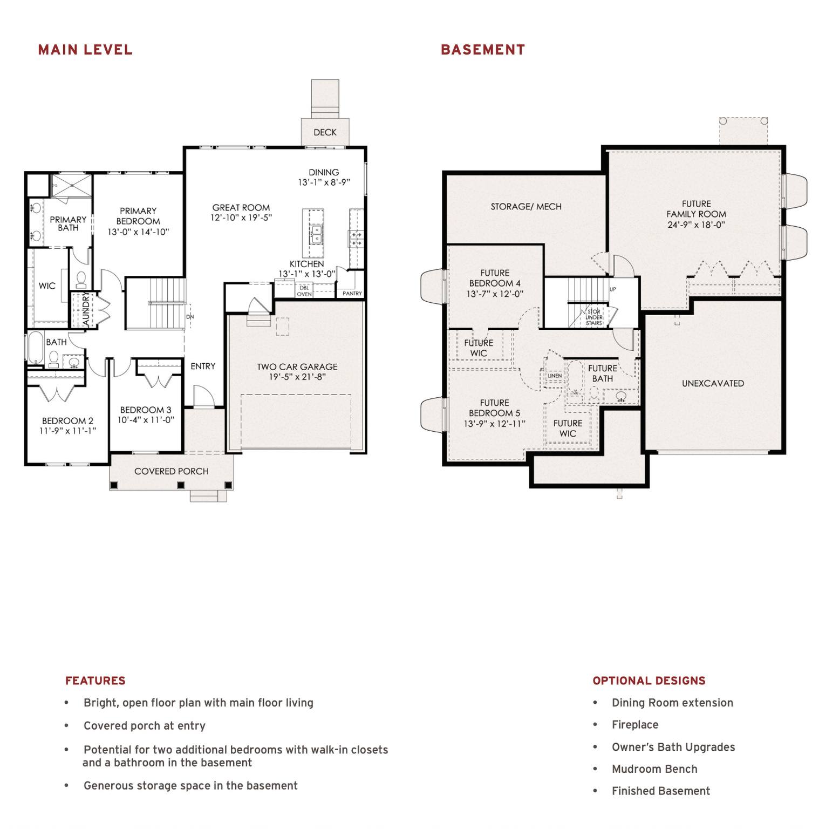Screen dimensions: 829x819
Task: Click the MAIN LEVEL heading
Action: pos(85,50)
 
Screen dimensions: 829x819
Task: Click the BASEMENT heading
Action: pos(483,50)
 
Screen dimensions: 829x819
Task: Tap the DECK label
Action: pos(325,132)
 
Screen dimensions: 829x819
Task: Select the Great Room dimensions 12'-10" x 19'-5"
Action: pos(241,218)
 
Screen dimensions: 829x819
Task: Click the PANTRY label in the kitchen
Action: pos(352,294)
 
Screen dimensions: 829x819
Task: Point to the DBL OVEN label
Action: pos(304,291)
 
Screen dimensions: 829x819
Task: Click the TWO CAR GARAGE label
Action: pos(297,367)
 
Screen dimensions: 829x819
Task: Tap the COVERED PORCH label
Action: pos(171,471)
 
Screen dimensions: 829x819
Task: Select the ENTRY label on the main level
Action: pos(203,366)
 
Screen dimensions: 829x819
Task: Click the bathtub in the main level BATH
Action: pos(36,347)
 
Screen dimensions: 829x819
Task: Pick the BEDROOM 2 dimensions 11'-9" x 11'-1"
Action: pos(67,431)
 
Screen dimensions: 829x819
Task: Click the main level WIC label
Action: pos(47,286)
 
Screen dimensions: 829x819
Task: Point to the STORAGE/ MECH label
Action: pos(526,207)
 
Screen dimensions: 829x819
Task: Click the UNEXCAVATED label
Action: pos(713,384)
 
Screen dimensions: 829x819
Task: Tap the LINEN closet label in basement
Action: pos(555,376)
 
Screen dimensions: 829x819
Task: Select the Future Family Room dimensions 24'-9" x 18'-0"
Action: pos(696,225)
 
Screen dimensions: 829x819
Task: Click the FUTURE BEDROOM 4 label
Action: pos(495,278)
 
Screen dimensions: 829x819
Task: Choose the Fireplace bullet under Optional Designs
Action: pos(635,725)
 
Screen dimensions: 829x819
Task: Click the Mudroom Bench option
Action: pos(654,769)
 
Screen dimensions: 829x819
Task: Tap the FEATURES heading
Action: pos(95,681)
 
